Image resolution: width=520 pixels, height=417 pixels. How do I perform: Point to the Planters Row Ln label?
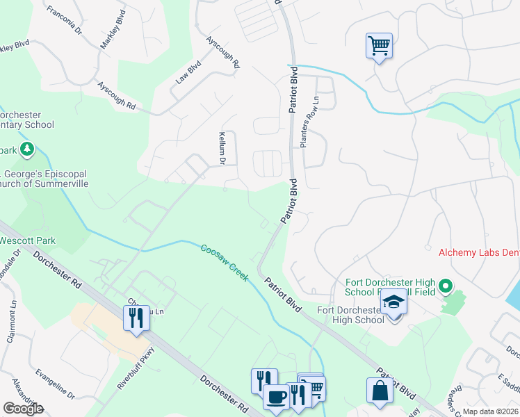pos(304,122)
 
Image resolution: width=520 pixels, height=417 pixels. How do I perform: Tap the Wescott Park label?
pos(28,240)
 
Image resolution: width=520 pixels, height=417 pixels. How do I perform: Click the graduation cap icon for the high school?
pos(394,302)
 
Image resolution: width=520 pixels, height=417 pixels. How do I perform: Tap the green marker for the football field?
pos(446,286)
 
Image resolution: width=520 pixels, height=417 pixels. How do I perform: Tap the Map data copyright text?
pos(490,412)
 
